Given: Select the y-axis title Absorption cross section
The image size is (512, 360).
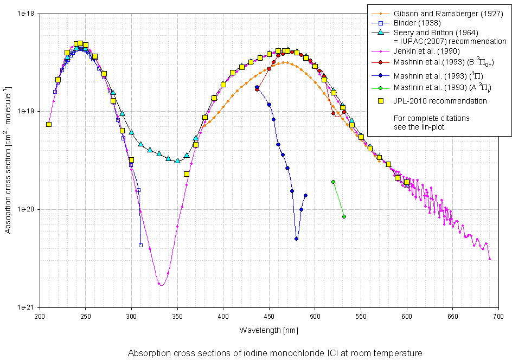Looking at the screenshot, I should (x=8, y=160).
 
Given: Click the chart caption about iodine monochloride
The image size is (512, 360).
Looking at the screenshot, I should (x=274, y=353).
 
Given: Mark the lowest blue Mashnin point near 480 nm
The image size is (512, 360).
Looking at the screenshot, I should (x=296, y=239).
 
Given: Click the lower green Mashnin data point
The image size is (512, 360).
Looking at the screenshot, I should (x=344, y=217).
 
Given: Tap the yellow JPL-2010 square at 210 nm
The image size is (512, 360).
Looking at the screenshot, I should (x=49, y=124).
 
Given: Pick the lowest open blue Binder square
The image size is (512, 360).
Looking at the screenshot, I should (x=140, y=245).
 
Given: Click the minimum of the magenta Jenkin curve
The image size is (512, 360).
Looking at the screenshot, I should (x=161, y=285).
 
